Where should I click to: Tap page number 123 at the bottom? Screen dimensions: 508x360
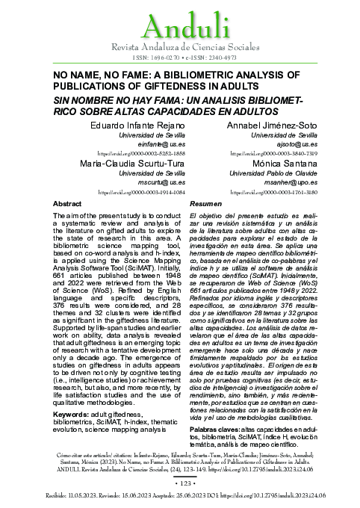(x=179, y=484)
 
